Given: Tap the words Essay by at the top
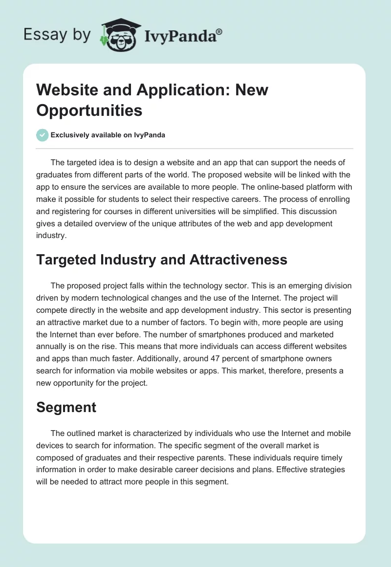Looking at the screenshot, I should click(57, 35).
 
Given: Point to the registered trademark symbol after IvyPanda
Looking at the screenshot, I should click(219, 31).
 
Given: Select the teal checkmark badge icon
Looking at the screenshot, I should click(43, 135).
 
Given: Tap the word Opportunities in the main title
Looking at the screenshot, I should click(89, 110).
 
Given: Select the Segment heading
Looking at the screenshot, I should click(66, 408).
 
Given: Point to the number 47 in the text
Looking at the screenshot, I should click(208, 358).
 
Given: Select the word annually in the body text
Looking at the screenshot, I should click(53, 346).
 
